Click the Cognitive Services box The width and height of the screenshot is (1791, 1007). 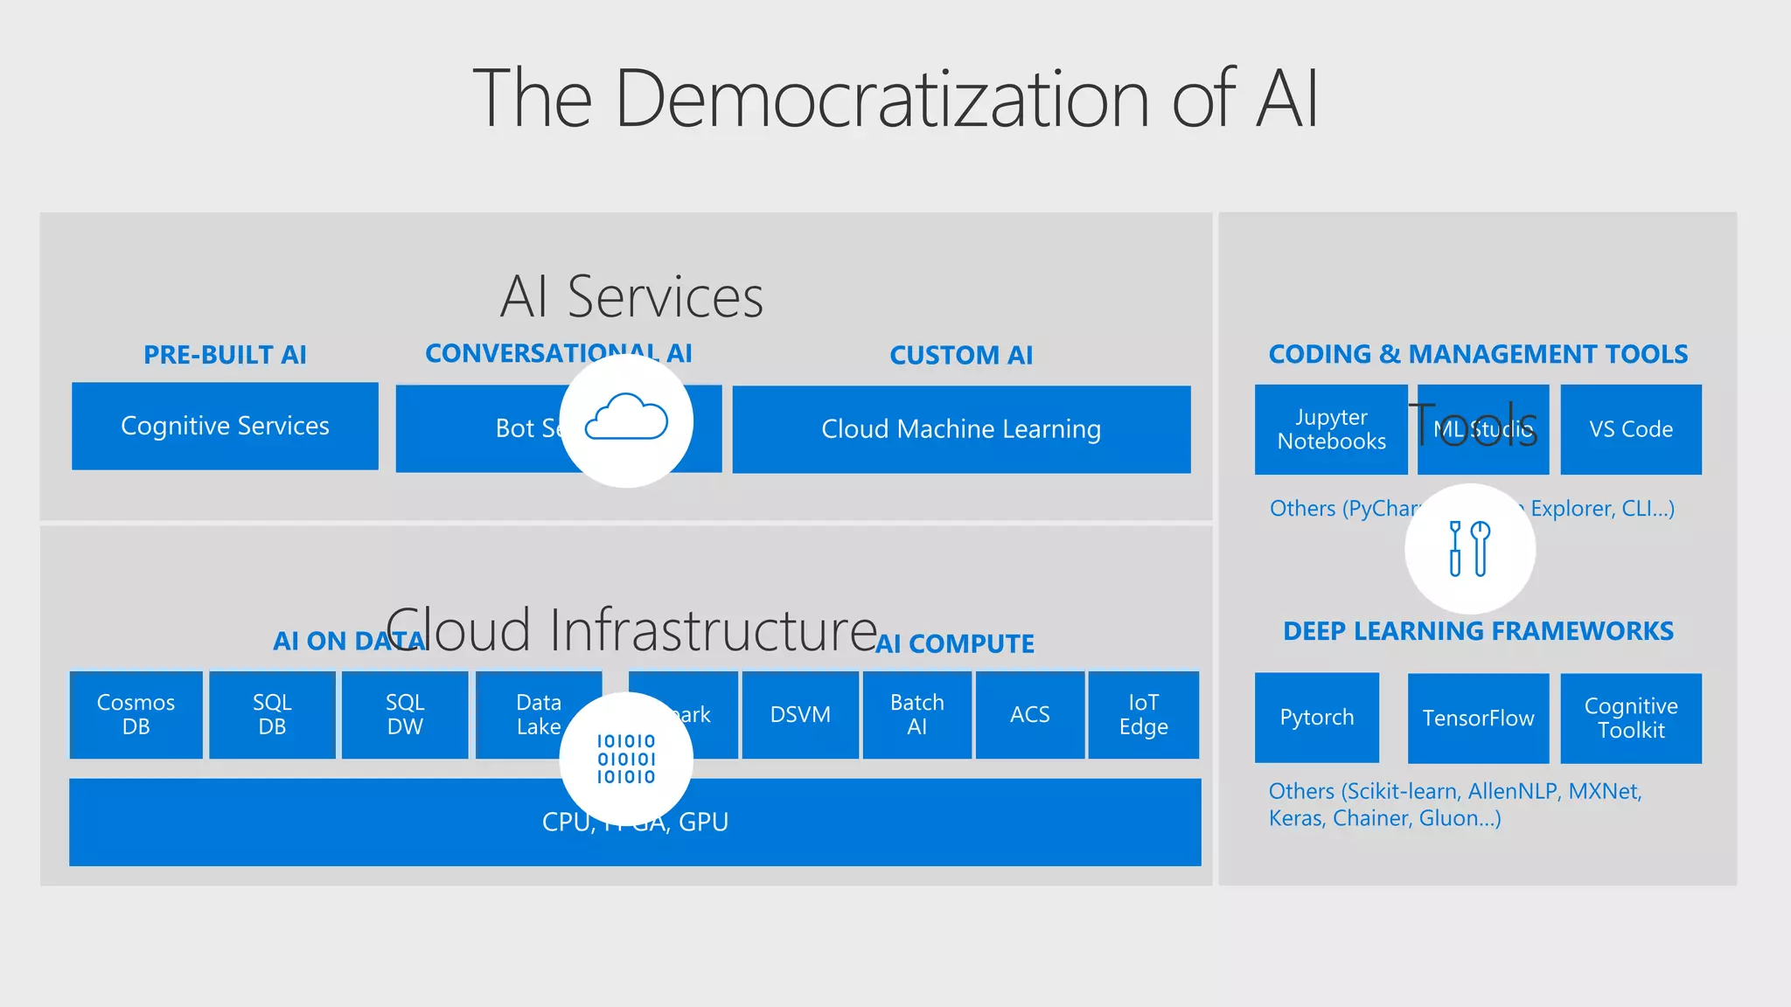(225, 426)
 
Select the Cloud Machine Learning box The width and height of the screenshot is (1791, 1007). (961, 429)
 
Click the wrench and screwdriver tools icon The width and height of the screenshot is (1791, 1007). (1469, 549)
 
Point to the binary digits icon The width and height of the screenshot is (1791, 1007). (626, 759)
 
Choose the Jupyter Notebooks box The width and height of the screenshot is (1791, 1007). (1331, 429)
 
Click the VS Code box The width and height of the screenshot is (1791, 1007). (1631, 429)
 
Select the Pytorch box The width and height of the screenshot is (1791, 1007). (1316, 718)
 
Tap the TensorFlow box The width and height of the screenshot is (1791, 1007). (1478, 718)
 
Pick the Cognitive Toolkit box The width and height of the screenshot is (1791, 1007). (1631, 718)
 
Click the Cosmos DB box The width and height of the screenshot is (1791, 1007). (136, 714)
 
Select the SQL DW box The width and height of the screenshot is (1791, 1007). (405, 714)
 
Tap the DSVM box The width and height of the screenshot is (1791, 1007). (800, 714)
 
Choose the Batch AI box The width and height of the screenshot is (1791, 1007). (916, 714)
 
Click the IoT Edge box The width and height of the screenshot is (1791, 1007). (1143, 714)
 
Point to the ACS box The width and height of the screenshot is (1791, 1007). (1029, 714)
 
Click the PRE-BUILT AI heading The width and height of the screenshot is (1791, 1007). (225, 355)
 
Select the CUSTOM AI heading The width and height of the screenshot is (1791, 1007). (961, 355)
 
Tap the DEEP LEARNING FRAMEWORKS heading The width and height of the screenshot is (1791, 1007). (1478, 631)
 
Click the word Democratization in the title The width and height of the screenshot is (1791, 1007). (882, 98)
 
